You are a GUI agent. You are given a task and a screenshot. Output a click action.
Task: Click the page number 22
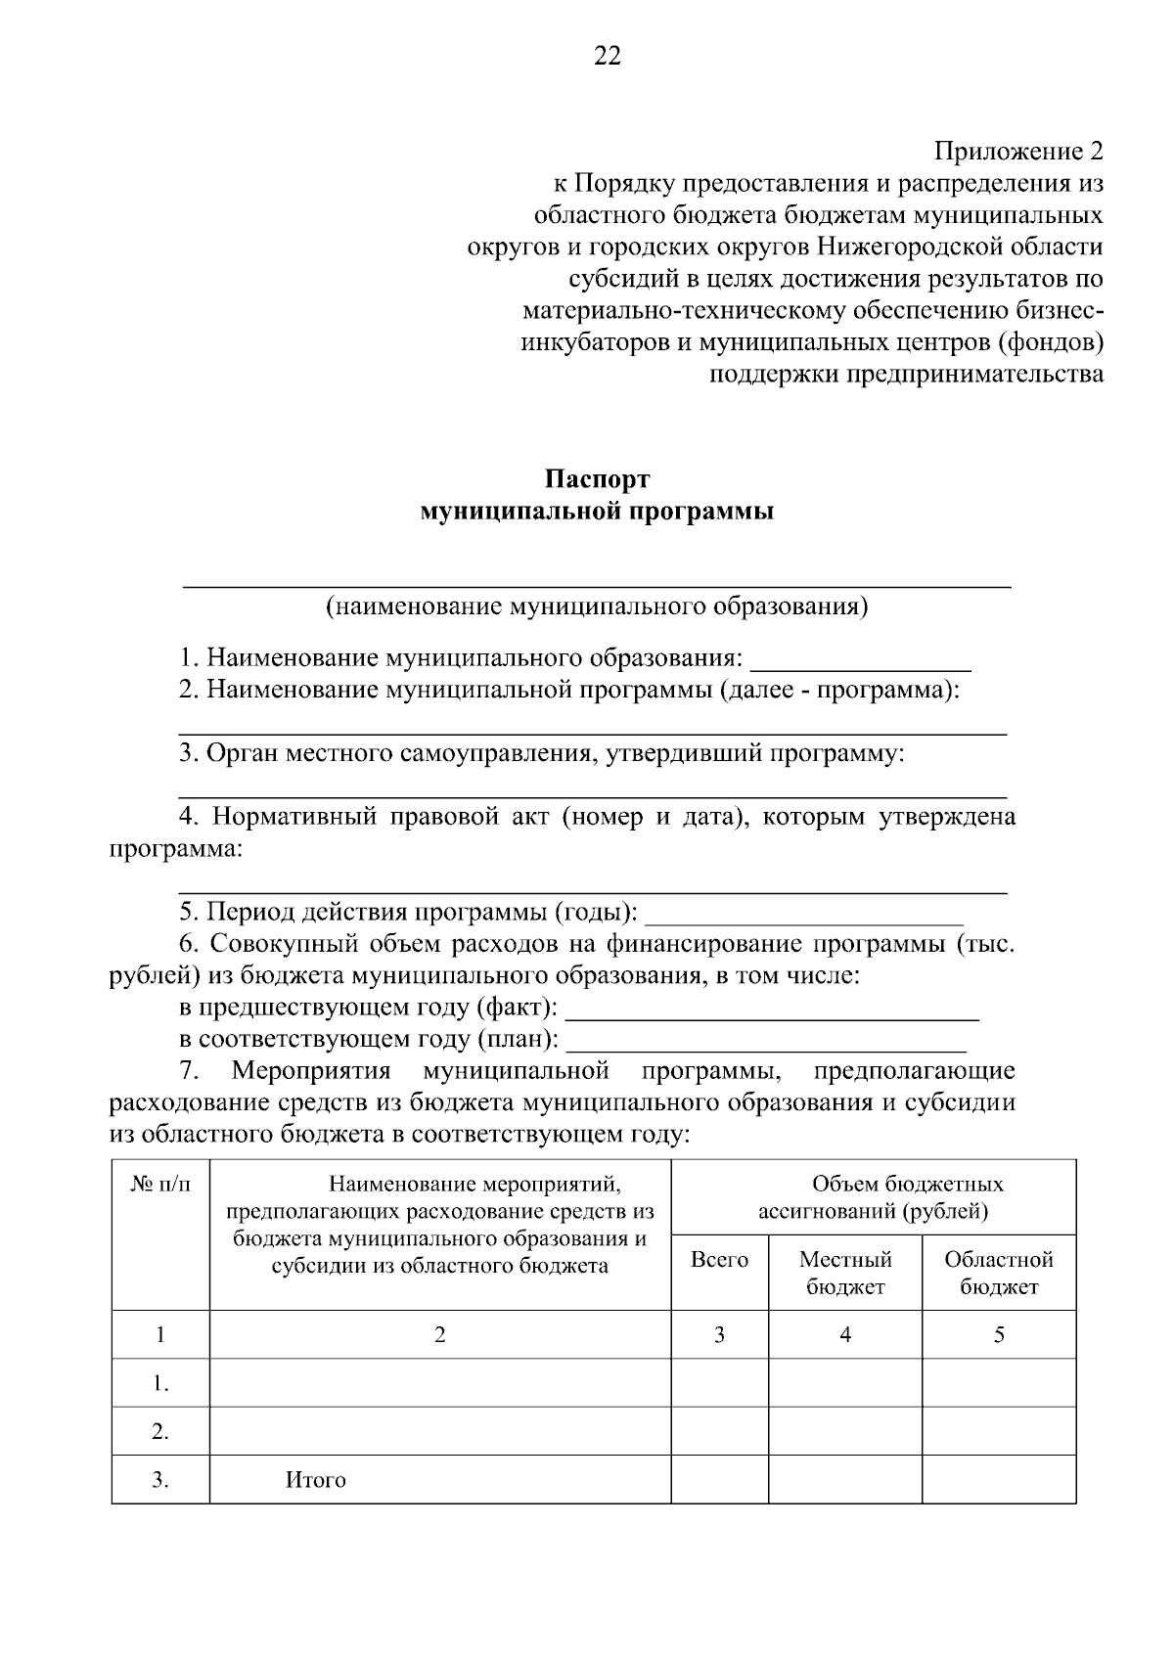(x=607, y=57)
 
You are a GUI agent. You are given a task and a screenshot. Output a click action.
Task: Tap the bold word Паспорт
(x=597, y=479)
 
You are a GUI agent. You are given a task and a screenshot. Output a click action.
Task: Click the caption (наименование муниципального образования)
(x=597, y=606)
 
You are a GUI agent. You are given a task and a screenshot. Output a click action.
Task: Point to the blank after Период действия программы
(x=804, y=914)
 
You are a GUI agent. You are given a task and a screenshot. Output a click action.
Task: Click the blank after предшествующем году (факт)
(x=772, y=1009)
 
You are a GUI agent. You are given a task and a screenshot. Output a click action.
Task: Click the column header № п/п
(x=160, y=1185)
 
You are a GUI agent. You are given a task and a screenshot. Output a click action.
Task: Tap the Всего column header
(x=719, y=1260)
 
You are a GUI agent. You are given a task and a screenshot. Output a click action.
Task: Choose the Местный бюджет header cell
(x=845, y=1273)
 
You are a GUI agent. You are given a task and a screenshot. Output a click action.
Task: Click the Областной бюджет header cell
(x=998, y=1273)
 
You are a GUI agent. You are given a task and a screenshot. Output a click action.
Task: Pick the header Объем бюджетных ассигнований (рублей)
(x=873, y=1197)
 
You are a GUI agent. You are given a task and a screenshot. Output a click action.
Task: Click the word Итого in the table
(x=315, y=1480)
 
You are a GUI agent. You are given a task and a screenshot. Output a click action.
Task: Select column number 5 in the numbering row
(x=998, y=1334)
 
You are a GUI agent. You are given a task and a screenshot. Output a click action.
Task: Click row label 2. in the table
(x=160, y=1432)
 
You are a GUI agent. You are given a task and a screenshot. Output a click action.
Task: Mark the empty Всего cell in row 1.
(x=719, y=1383)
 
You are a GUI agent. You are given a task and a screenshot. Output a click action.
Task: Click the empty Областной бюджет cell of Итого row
(x=998, y=1480)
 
